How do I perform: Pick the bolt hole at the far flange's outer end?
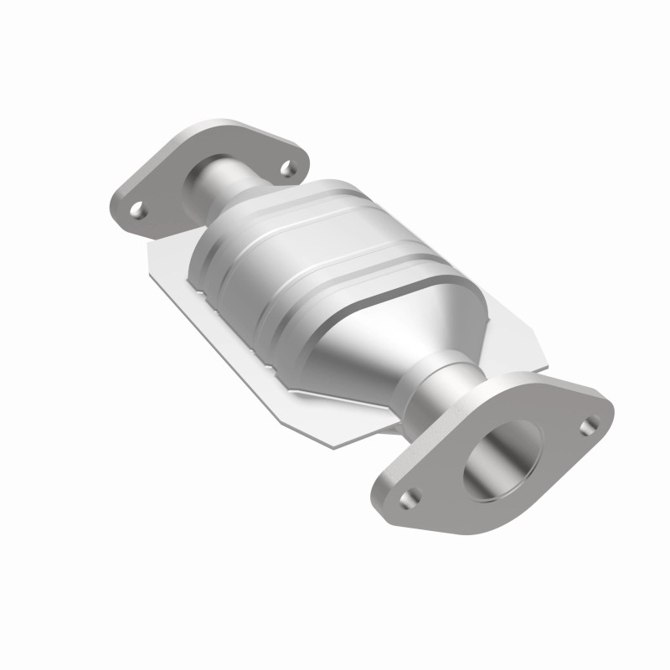tap(139, 210)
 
